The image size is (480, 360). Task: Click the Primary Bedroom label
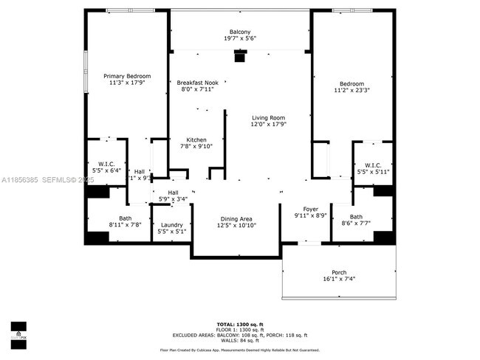(127, 76)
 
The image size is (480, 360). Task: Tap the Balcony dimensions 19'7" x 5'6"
(240, 38)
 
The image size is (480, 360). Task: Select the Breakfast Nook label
(196, 83)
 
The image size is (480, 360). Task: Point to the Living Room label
(268, 118)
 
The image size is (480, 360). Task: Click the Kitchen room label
(196, 140)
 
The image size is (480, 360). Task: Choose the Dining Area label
(237, 218)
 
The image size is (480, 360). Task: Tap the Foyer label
(310, 209)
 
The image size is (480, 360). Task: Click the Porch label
(339, 272)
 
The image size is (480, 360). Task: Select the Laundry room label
(171, 225)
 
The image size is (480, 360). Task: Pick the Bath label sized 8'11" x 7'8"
(125, 218)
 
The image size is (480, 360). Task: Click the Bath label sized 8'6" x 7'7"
(356, 217)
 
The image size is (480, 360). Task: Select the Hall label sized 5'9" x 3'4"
(173, 193)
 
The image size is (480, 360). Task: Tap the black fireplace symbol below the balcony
(239, 56)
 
